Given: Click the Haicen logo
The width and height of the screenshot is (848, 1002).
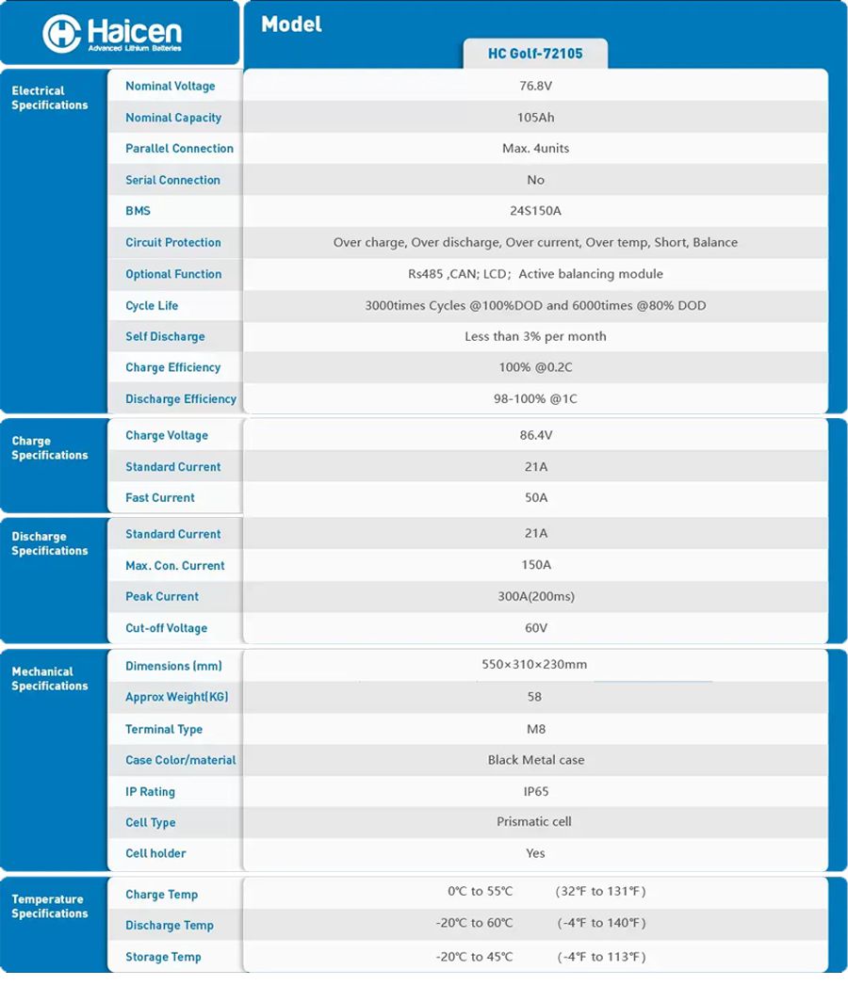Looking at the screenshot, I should (112, 35).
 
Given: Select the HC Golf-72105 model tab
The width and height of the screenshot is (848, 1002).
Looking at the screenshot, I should (535, 54).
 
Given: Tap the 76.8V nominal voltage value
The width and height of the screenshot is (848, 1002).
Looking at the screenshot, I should (535, 86).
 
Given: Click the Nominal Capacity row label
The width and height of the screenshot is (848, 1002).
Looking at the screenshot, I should (173, 118).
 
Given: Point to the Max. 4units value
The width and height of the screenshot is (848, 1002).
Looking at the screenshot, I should (535, 148).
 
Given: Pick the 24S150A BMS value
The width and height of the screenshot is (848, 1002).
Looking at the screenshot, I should (535, 211).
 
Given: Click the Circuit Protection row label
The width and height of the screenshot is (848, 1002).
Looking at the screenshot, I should (173, 242).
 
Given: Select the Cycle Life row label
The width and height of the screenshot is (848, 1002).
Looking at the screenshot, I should (152, 305).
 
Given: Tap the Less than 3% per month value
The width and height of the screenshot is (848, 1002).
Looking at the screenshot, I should (535, 336).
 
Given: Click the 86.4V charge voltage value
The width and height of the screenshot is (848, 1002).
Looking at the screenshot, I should (535, 435).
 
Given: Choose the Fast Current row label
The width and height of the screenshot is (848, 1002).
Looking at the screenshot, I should (160, 497).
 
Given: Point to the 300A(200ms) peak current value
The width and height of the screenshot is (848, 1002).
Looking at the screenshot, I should (535, 596).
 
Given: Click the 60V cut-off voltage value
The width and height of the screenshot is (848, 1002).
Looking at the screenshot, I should (535, 628).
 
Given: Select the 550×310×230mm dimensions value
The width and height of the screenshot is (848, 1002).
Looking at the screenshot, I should (534, 665).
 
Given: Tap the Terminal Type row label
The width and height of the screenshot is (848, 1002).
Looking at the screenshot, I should (164, 729).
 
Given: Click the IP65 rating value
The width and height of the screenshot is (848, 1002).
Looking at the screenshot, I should (535, 792).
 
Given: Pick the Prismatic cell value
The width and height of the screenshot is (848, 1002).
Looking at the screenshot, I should (534, 821).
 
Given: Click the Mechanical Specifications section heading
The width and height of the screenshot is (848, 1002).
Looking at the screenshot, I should (49, 678).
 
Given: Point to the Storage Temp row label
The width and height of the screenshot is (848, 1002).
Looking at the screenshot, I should (163, 957).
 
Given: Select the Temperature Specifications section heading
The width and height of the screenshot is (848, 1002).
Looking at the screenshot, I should (49, 906).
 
